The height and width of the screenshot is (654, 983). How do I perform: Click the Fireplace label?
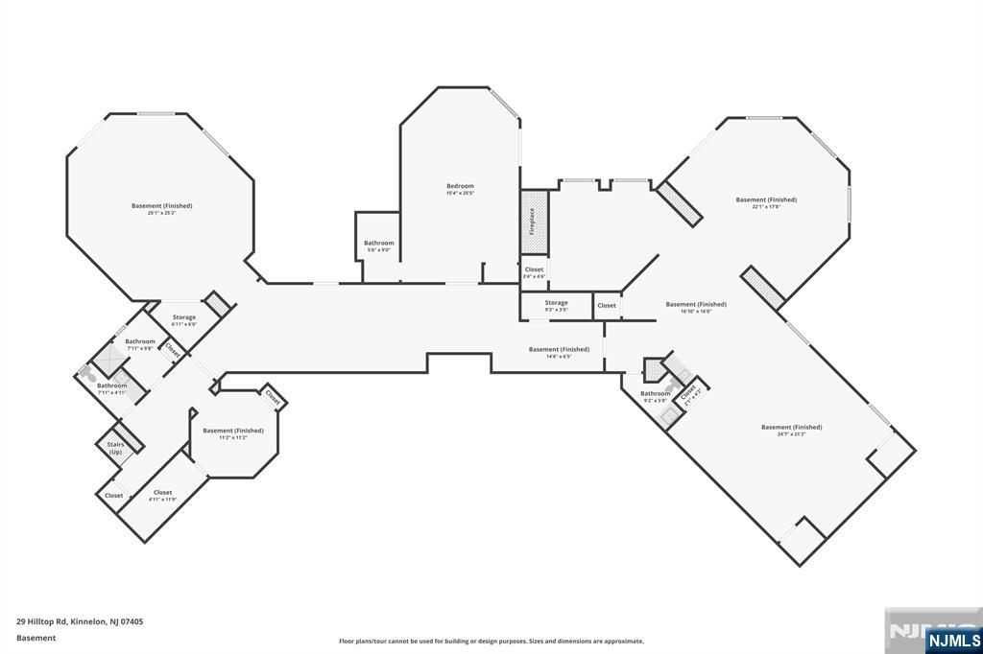[532, 222]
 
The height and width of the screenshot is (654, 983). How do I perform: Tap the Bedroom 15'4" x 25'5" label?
[460, 189]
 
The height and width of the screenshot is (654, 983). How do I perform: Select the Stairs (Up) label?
[115, 447]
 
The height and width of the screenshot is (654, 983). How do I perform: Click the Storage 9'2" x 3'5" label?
[557, 306]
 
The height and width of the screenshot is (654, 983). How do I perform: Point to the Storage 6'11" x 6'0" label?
[184, 320]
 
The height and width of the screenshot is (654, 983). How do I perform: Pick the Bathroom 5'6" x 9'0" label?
[378, 246]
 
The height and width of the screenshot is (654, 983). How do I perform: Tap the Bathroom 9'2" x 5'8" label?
[656, 396]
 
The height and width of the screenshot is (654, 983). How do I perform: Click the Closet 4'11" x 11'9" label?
[162, 495]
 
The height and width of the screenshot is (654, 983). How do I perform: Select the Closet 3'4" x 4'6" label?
[534, 272]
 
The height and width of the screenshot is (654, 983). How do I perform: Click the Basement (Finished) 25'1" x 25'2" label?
[162, 208]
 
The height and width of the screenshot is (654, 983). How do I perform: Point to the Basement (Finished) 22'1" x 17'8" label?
[766, 202]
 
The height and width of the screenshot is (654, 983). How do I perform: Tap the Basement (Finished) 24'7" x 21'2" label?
[791, 430]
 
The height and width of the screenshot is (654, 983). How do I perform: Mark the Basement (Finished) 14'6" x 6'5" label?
[559, 352]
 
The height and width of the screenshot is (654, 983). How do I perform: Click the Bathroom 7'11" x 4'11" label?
[111, 388]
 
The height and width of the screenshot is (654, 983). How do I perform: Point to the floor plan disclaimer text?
[491, 642]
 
